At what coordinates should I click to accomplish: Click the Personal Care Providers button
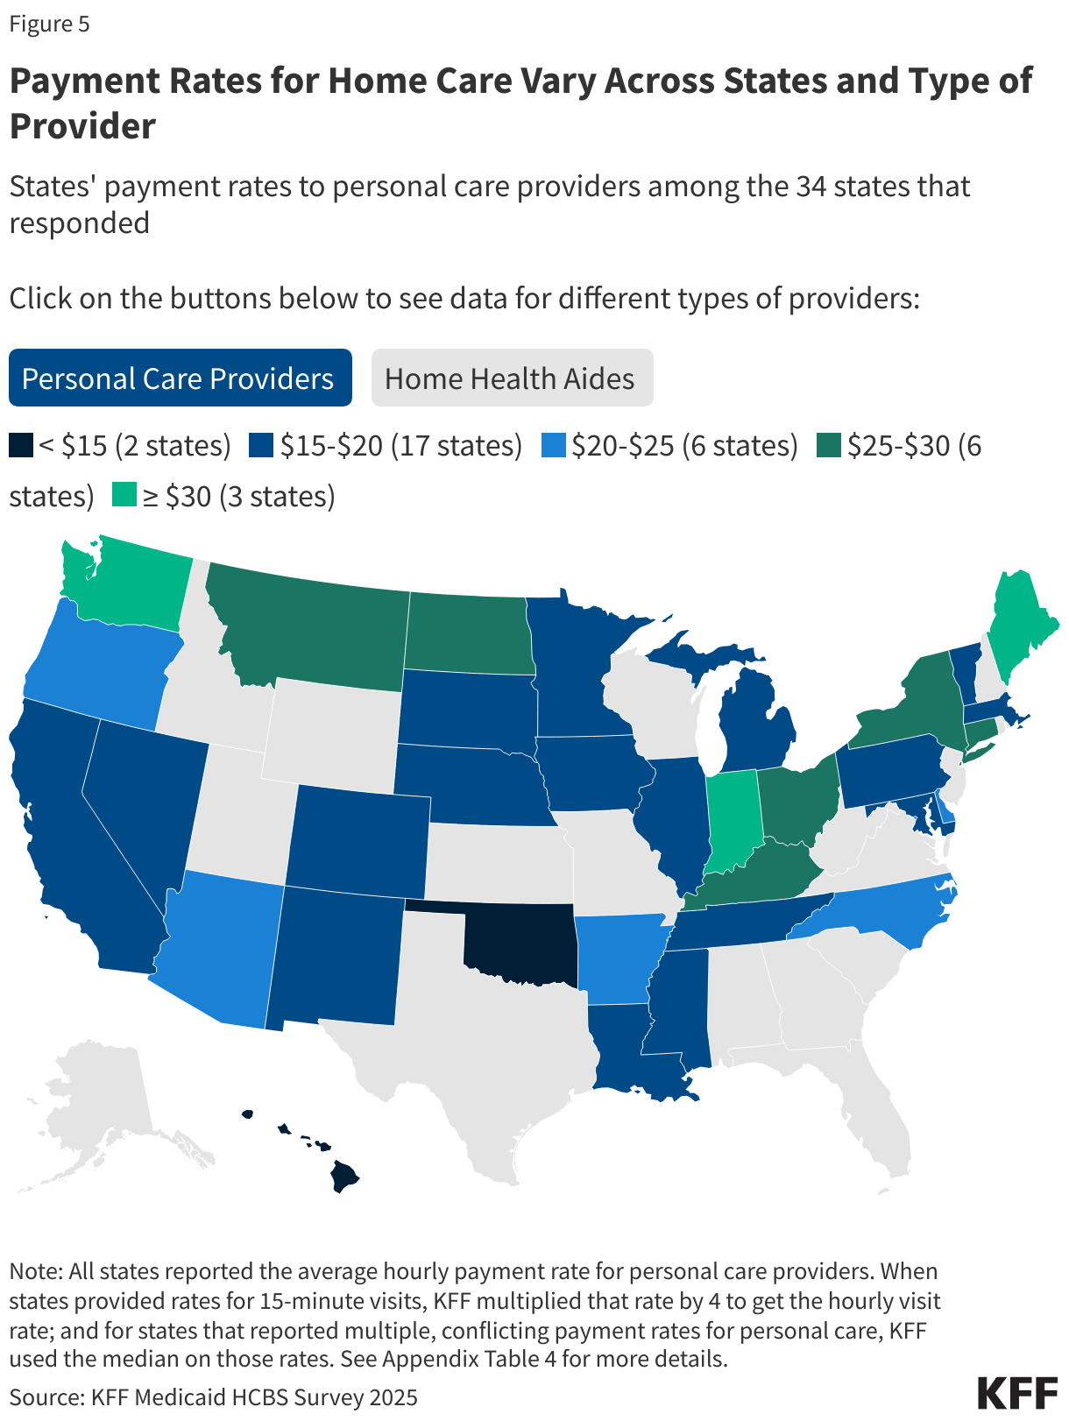tap(180, 378)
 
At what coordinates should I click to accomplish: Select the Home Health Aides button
tap(512, 378)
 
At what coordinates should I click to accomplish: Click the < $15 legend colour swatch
tap(21, 446)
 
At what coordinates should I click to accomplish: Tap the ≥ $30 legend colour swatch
tap(124, 496)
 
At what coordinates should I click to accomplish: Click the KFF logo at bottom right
tap(1016, 1393)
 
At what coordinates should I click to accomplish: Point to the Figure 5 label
tap(50, 24)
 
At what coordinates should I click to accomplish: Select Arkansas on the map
tap(618, 959)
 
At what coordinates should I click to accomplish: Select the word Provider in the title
tap(82, 126)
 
